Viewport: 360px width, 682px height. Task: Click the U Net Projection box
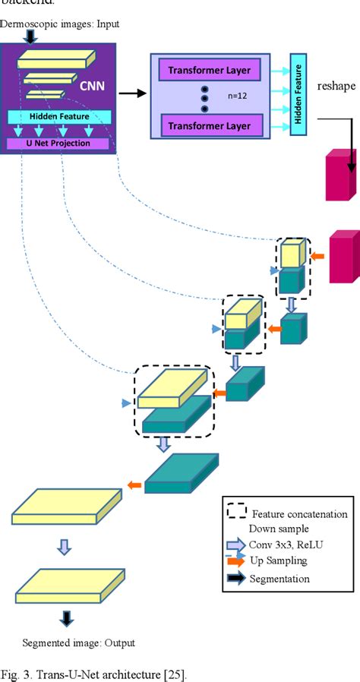59,143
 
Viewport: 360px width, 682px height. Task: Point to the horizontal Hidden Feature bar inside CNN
59,117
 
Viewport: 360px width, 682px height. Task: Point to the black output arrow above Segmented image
67,618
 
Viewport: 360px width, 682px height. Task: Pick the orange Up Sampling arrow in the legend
236,560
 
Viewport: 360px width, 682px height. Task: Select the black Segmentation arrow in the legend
236,579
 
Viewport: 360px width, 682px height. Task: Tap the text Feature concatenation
299,514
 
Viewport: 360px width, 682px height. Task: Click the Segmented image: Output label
78,643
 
